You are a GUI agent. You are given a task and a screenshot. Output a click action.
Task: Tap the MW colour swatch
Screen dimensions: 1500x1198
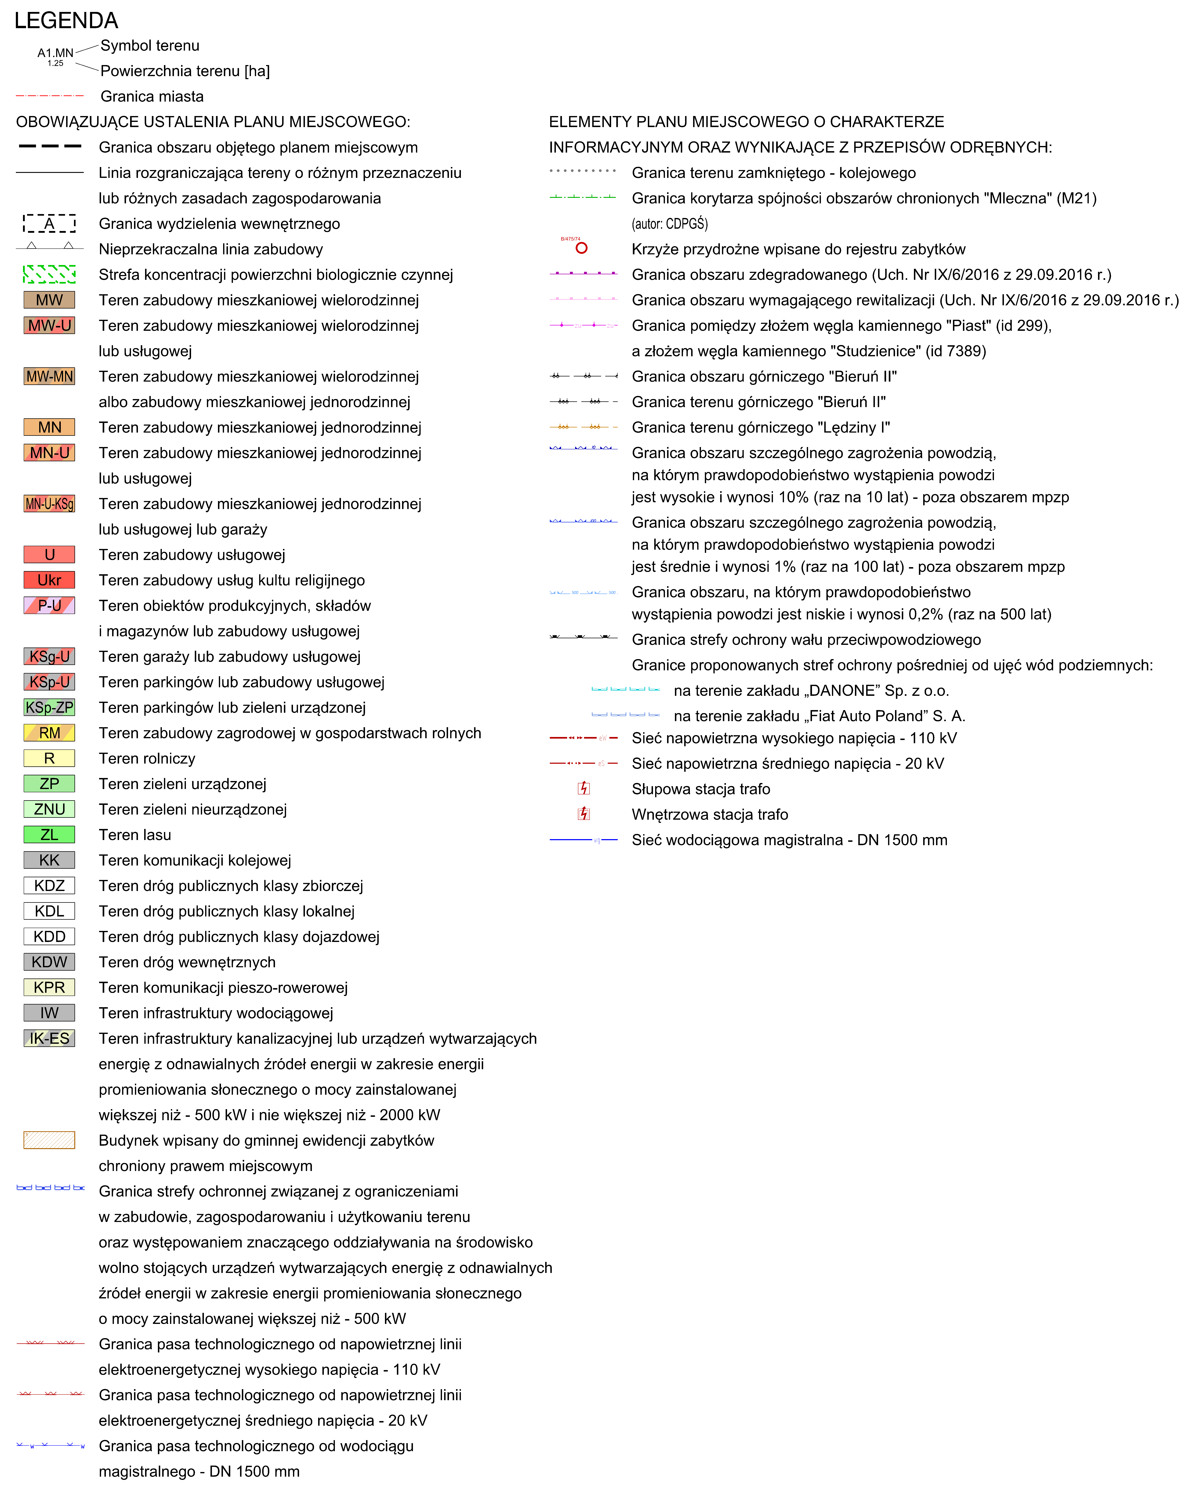pos(49,300)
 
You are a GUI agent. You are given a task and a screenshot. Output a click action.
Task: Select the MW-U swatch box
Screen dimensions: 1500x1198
pos(49,326)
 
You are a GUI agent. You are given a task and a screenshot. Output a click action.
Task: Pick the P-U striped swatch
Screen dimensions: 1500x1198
pos(49,605)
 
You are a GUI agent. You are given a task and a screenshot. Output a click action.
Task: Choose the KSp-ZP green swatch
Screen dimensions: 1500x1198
pos(49,708)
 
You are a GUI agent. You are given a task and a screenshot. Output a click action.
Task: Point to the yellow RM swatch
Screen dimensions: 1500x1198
pos(49,733)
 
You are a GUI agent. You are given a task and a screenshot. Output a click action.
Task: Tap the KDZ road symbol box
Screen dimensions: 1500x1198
pos(49,886)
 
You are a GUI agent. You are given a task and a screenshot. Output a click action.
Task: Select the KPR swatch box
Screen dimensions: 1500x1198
pos(49,987)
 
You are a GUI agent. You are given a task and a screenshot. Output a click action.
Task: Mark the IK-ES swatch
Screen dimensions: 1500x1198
pos(49,1038)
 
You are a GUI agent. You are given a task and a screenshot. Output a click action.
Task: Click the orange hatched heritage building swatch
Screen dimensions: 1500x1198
pos(49,1140)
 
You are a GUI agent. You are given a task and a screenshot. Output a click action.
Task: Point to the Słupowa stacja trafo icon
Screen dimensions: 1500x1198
pos(584,788)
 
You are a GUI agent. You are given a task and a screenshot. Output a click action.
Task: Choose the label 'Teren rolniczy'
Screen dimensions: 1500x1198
pos(147,758)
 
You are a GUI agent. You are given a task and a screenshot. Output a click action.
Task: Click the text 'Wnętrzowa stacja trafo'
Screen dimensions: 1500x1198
pos(710,814)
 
